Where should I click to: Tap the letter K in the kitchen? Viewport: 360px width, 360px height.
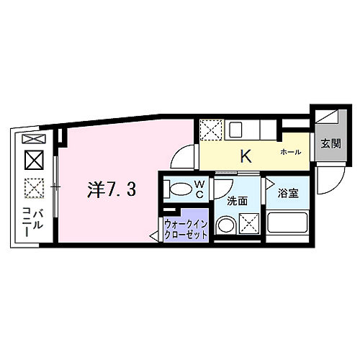[245, 155]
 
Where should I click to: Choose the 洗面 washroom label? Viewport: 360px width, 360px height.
[237, 202]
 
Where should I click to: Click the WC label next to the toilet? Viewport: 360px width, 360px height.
[200, 189]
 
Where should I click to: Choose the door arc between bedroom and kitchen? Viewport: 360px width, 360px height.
[187, 157]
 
